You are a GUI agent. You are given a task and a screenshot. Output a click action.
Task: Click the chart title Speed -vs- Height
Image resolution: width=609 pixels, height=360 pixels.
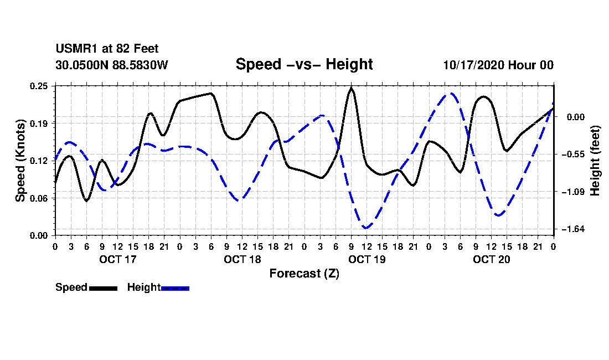click(x=304, y=64)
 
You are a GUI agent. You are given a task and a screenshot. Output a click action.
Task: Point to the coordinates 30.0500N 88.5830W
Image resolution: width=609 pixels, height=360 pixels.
click(x=111, y=65)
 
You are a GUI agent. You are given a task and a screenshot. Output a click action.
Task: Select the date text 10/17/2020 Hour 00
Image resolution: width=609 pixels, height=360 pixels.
click(x=498, y=65)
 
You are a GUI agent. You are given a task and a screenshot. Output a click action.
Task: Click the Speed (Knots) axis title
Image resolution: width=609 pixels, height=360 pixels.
click(x=20, y=161)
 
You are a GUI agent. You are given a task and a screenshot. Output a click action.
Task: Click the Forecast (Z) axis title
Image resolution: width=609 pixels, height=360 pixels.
click(x=304, y=273)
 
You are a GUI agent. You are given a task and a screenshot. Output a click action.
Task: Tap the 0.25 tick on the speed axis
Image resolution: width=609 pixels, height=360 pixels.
click(x=39, y=85)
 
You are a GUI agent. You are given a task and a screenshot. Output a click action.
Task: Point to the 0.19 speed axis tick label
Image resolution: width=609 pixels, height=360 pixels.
click(x=39, y=123)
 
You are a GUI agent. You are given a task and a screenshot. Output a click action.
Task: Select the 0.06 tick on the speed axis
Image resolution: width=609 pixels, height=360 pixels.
click(x=39, y=198)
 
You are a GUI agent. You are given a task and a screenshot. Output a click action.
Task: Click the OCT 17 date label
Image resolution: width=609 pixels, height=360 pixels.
click(x=117, y=259)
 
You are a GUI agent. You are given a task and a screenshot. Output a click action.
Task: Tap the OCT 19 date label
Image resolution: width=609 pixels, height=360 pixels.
click(x=367, y=259)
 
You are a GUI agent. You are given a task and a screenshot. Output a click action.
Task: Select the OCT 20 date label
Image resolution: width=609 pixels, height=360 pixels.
click(x=491, y=259)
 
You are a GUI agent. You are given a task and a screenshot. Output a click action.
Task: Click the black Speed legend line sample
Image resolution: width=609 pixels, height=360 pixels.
click(x=103, y=287)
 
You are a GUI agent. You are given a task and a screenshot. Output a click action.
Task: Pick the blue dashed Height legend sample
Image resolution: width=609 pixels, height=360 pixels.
click(x=175, y=287)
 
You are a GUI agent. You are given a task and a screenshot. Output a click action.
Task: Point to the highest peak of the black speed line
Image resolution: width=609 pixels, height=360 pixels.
click(x=351, y=88)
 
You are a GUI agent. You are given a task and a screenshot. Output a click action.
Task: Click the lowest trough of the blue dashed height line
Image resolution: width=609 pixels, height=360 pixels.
click(x=366, y=228)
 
